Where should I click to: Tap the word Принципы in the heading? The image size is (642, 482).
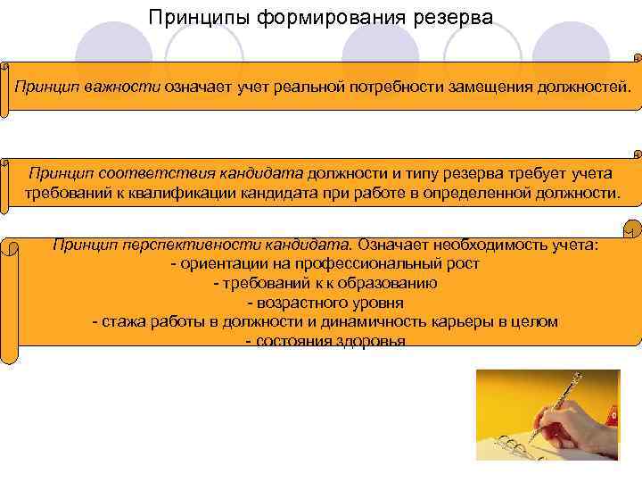[x=191, y=18]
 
